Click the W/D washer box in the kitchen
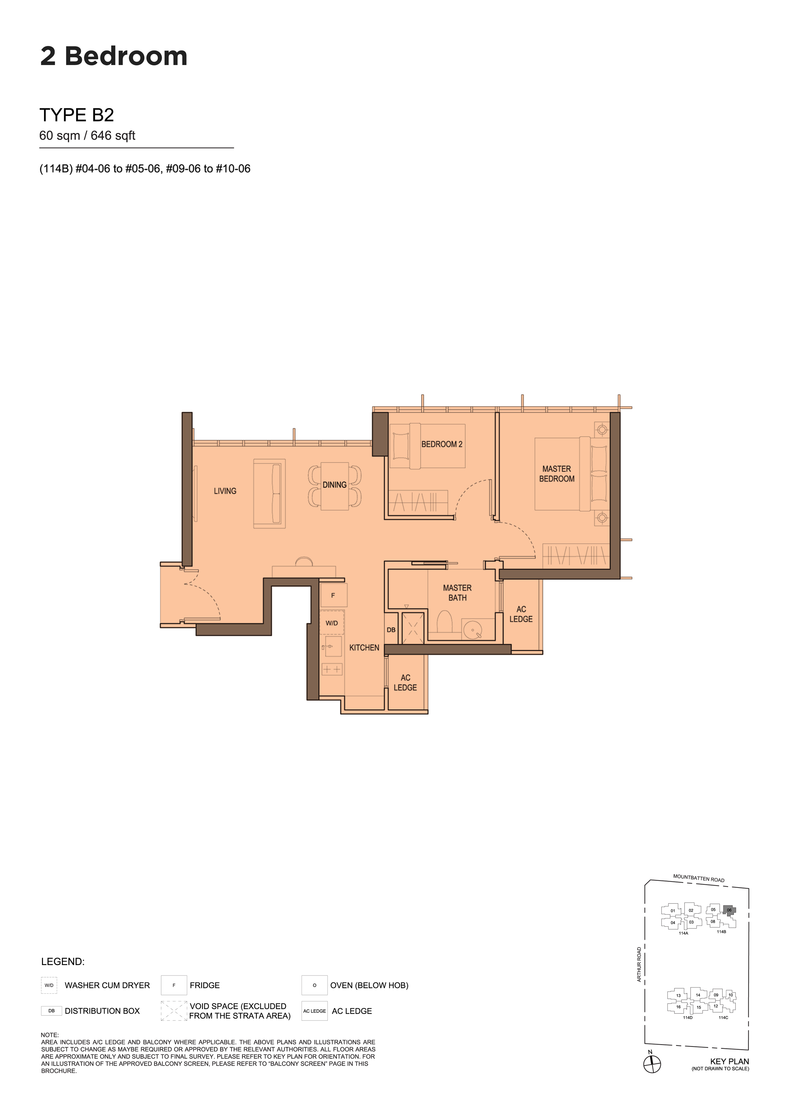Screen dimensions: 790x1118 (332, 623)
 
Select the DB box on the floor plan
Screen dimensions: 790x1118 (391, 630)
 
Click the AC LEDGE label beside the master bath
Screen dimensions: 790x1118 (521, 614)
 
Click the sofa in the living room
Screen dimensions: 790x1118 (269, 493)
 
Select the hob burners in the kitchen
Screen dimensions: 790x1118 (332, 670)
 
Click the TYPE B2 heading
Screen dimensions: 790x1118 (76, 115)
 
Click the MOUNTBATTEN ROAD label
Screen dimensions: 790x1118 (699, 878)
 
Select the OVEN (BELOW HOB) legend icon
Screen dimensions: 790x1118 (314, 985)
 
